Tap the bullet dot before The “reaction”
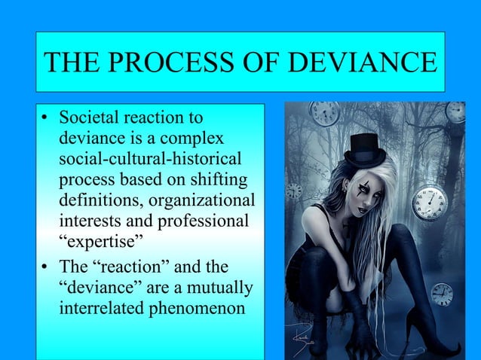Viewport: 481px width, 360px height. (x=47, y=270)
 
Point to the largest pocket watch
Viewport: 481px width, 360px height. (x=429, y=202)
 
